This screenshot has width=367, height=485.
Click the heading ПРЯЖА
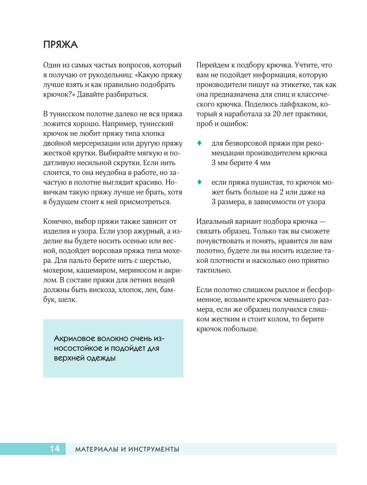[61, 45]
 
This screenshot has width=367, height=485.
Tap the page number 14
[55, 449]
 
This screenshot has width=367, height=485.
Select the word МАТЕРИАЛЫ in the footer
[96, 449]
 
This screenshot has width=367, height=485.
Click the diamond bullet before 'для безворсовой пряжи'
[200, 143]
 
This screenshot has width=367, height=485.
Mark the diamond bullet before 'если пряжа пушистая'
[200, 182]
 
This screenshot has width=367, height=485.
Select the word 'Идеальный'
[214, 221]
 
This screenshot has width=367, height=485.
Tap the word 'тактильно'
[213, 270]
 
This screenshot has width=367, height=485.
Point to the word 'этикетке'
[296, 85]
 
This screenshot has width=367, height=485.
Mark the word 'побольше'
[242, 329]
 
